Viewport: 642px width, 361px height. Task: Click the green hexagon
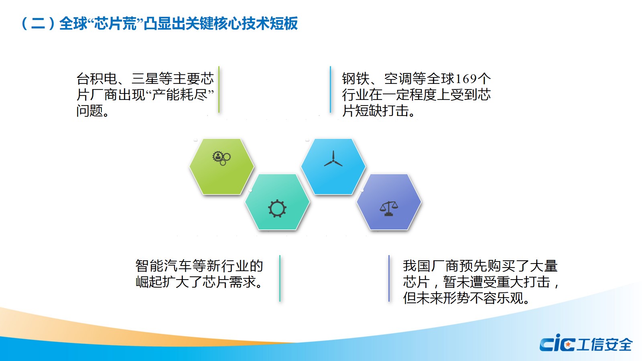tap(221, 166)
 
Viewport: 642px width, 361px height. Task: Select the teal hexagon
tap(277, 202)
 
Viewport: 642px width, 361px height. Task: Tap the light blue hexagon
tap(333, 166)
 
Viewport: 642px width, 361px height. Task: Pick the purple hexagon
tap(389, 202)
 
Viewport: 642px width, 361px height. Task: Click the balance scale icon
tap(389, 209)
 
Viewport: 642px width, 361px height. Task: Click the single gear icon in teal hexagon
tap(277, 209)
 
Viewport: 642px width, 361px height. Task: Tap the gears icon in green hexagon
tap(221, 158)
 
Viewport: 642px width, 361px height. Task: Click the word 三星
tap(145, 79)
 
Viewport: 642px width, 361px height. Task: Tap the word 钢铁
tap(356, 79)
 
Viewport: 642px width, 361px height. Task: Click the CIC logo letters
tap(557, 343)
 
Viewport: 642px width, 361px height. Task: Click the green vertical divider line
tap(219, 89)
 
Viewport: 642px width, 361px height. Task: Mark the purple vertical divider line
tap(389, 278)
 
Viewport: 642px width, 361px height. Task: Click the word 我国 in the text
tap(417, 266)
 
